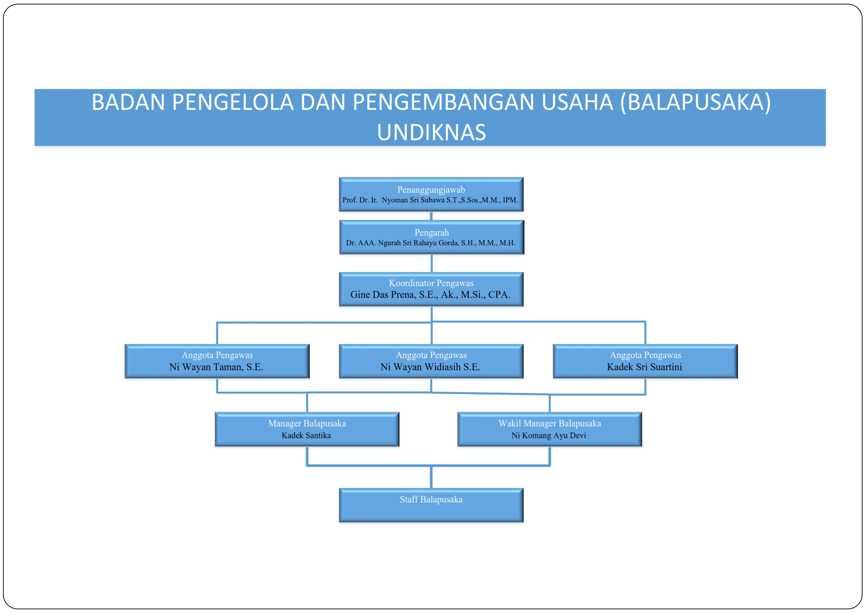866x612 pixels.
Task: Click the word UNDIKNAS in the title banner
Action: click(x=432, y=132)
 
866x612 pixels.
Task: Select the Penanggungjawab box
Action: click(x=431, y=194)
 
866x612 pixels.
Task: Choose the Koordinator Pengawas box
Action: click(x=431, y=289)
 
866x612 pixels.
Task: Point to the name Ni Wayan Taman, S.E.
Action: click(x=216, y=367)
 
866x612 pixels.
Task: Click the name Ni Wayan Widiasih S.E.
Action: click(x=430, y=367)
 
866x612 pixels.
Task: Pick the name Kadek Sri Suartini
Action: click(x=644, y=367)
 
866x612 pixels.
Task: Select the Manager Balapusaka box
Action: click(x=307, y=429)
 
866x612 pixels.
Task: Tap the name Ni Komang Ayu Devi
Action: click(x=549, y=436)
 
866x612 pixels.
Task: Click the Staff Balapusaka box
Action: click(x=431, y=505)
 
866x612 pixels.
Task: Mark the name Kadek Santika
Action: click(x=306, y=436)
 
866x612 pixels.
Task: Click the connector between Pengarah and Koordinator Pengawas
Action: click(x=432, y=263)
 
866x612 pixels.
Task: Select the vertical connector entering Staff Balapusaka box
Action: click(x=431, y=477)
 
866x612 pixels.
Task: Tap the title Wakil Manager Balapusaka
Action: click(x=550, y=423)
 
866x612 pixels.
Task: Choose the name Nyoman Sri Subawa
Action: click(x=413, y=200)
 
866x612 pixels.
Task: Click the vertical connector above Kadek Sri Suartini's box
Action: click(x=645, y=333)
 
